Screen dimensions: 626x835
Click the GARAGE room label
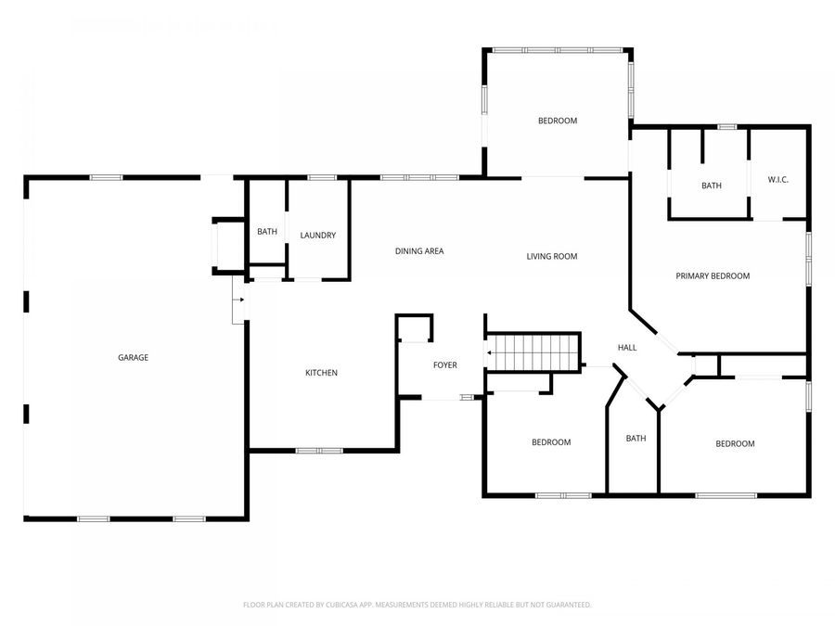pyautogui.click(x=133, y=357)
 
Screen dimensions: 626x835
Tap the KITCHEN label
pyautogui.click(x=321, y=373)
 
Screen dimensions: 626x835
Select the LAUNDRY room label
pyautogui.click(x=317, y=236)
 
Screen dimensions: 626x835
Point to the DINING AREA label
pyautogui.click(x=419, y=251)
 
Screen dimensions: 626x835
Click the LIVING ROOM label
pyautogui.click(x=552, y=257)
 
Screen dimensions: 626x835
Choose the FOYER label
pyautogui.click(x=445, y=365)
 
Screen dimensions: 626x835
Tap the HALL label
pyautogui.click(x=627, y=348)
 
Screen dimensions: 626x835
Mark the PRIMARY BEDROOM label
pyautogui.click(x=713, y=275)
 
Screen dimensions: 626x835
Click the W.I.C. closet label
pyautogui.click(x=777, y=180)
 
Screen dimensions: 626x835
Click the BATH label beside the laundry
pyautogui.click(x=267, y=232)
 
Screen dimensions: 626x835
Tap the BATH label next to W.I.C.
pyautogui.click(x=711, y=186)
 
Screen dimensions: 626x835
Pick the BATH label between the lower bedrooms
pyautogui.click(x=636, y=439)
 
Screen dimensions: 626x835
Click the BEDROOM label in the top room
pyautogui.click(x=558, y=121)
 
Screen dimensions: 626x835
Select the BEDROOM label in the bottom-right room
pyautogui.click(x=735, y=444)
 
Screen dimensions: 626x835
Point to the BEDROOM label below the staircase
pyautogui.click(x=551, y=442)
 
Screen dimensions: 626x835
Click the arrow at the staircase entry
pyautogui.click(x=489, y=352)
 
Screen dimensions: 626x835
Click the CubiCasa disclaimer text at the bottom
pyautogui.click(x=417, y=605)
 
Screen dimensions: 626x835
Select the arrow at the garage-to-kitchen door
pyautogui.click(x=239, y=300)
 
